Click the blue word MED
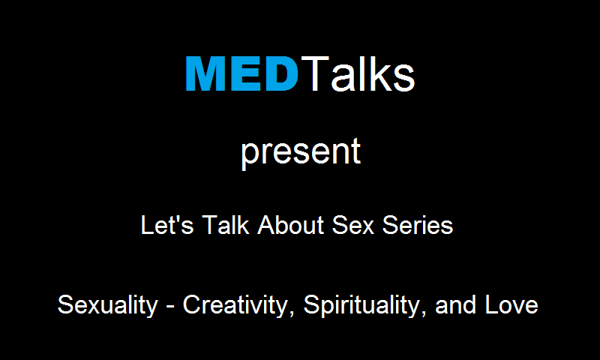tap(241, 73)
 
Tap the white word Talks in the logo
tap(358, 73)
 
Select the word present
tap(301, 153)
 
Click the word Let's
tap(167, 224)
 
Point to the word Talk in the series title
tap(226, 224)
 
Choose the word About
tap(291, 224)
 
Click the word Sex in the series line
tap(352, 224)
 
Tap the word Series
tap(418, 224)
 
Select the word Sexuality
tap(108, 305)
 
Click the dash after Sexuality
tap(171, 307)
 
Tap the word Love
tap(511, 305)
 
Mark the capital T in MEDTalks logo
tap(315, 73)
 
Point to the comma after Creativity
tap(292, 313)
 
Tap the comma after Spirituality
tap(424, 313)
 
